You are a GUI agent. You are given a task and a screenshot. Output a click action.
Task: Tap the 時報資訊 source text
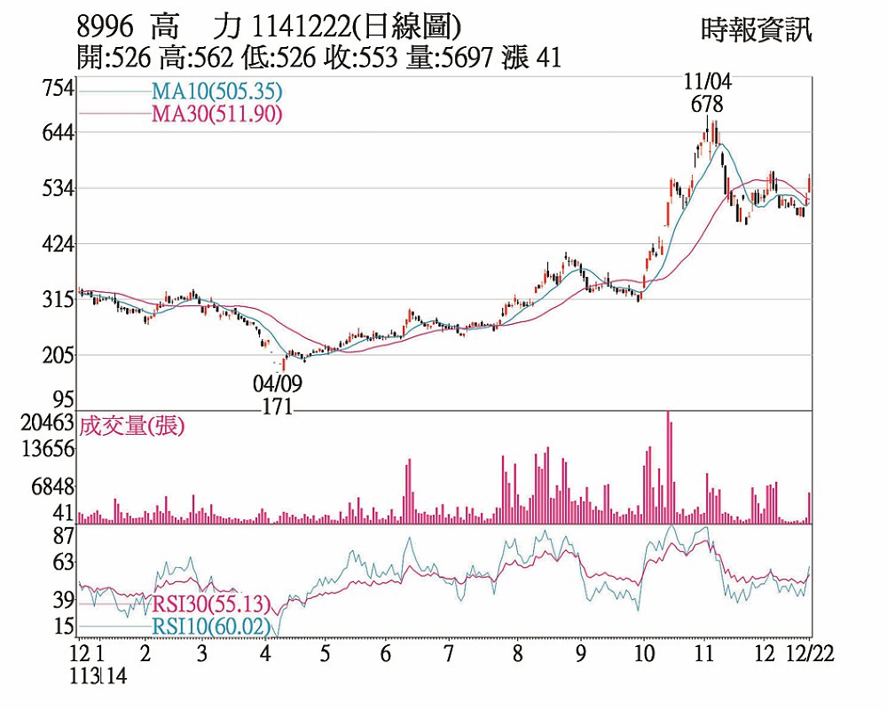[x=756, y=30]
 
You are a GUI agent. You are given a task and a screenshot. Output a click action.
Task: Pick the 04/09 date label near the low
[x=277, y=383]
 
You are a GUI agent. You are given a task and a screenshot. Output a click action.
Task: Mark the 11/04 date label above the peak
[x=707, y=82]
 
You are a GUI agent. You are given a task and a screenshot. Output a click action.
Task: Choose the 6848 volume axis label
[x=51, y=487]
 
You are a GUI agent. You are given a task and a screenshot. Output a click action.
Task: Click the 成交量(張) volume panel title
[x=131, y=426]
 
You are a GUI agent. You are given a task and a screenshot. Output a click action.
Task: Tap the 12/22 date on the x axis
[x=811, y=655]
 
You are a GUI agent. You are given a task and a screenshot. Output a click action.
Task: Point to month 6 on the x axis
[x=385, y=655]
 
